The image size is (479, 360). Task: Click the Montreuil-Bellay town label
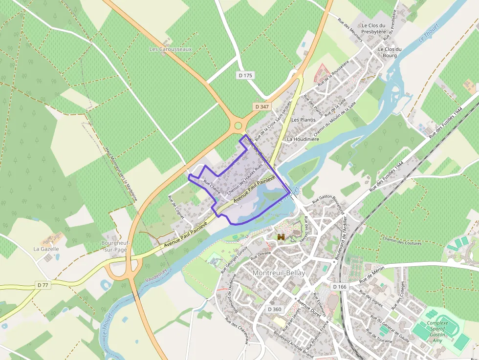coord(279,273)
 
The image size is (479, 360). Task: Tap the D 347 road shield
coord(261,106)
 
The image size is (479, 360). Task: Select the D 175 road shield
coord(246,75)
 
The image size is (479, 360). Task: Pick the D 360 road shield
coord(274,309)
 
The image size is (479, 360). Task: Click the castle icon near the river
coord(281,237)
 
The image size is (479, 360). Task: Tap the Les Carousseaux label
coord(171,49)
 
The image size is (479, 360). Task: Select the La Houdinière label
coord(303,139)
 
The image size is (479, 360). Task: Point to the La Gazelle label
coord(46,249)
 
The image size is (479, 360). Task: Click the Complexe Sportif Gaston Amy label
coord(437,331)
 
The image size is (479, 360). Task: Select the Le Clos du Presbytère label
coord(374,28)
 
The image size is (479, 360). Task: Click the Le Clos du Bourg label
coord(390,52)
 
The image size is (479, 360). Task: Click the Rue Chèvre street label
coord(212,186)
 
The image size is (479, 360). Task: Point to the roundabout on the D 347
coord(238,126)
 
